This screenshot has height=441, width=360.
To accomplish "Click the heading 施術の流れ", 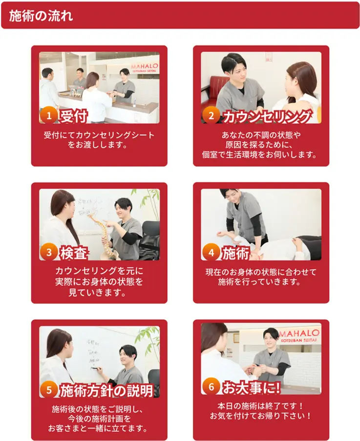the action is coord(41,16).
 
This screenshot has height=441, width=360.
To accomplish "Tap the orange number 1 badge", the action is coord(49,115).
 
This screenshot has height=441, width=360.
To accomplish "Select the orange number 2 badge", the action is coord(211,115).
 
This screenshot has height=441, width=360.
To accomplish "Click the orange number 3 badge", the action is coord(49,252).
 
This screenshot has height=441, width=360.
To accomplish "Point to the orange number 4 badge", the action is coord(211,252).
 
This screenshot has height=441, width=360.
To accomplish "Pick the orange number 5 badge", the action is coord(49,390).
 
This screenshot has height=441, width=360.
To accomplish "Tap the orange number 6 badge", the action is coord(211,387).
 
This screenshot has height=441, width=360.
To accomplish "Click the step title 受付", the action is coord(74,116).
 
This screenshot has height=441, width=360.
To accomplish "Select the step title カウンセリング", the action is coord(267,116).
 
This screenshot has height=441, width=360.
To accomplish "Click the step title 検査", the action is coord(74,253).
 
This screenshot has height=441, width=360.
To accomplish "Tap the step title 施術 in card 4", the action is coord(236,253).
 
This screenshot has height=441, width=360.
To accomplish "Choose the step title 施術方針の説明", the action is coord(106,390).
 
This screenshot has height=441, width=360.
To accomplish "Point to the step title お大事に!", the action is coord(251,387).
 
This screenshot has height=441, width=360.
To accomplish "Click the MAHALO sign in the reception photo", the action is coord(145,68).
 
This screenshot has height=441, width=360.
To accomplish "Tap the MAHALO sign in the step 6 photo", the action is coord(299,335).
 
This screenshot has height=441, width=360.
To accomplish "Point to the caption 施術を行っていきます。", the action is coord(260,282).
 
